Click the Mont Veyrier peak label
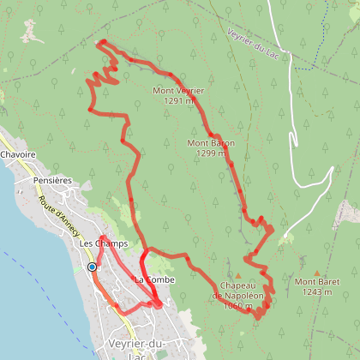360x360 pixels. point(178,90)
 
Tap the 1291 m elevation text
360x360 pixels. point(178,99)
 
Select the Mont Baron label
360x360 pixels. point(210,143)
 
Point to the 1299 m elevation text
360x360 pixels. point(210,153)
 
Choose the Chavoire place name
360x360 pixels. point(18,155)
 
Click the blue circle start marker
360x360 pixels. point(92,267)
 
